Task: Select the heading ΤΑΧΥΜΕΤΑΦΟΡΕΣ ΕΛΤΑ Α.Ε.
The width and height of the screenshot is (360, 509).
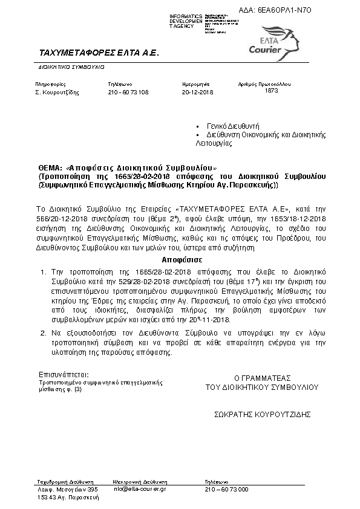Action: coord(98,53)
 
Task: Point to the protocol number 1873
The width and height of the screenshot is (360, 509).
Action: coord(272,90)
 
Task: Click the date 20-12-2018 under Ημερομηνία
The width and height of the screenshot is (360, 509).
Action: coord(198,92)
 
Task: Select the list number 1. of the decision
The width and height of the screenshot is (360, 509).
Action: coord(42,273)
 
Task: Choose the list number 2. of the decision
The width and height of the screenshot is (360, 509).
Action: coord(42,332)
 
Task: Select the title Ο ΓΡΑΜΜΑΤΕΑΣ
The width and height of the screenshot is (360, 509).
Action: coord(262,377)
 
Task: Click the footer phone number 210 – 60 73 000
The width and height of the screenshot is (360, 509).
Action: coord(227,488)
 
